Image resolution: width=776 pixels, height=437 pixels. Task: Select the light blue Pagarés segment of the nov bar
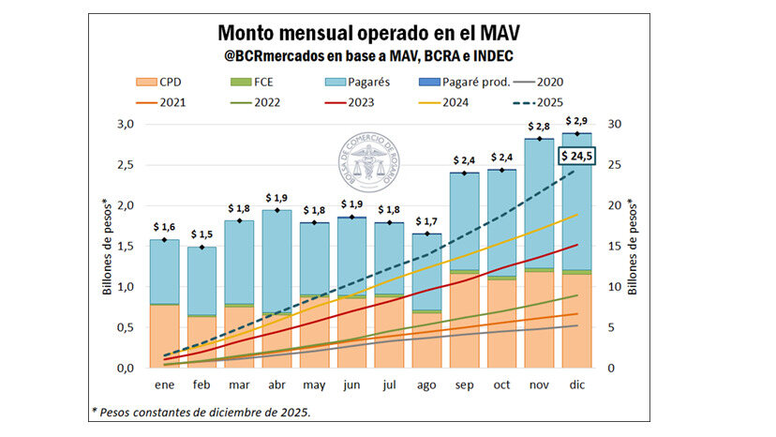tap(539, 206)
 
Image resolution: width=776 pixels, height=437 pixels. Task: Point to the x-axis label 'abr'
tap(276, 384)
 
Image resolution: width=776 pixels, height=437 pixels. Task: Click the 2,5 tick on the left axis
tap(125, 165)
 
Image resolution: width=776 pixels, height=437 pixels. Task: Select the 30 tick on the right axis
tap(614, 125)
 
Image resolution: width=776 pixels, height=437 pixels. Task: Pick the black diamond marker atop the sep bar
tap(464, 173)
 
